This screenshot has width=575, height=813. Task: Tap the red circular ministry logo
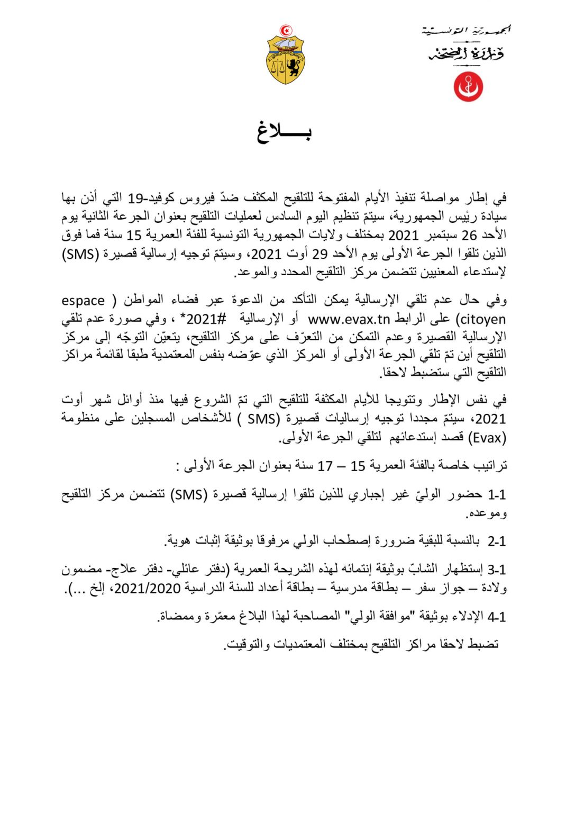(468, 86)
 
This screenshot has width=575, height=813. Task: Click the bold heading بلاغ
(284, 133)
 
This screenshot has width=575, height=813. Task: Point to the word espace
(83, 301)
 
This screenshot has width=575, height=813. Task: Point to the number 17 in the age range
(325, 466)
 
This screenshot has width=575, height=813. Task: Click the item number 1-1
(497, 495)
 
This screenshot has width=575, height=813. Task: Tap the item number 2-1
(497, 541)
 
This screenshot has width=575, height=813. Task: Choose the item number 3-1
(497, 570)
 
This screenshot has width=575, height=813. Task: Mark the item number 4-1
(497, 617)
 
